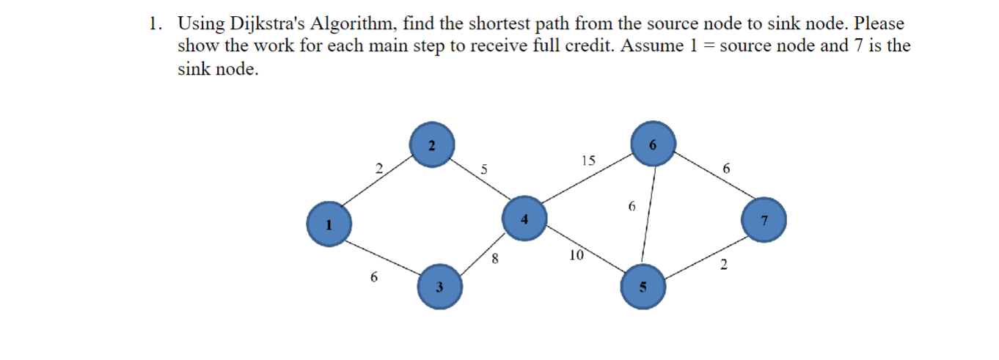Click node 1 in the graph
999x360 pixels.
click(x=329, y=222)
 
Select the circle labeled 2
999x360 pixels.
click(x=432, y=144)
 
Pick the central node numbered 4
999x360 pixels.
click(x=524, y=218)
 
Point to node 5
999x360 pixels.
click(x=643, y=287)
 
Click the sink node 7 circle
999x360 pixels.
click(x=764, y=220)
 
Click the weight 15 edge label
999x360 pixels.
click(x=588, y=161)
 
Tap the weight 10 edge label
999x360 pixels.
click(x=576, y=255)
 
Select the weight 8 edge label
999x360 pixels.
click(x=495, y=257)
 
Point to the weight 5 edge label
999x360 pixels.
click(x=483, y=169)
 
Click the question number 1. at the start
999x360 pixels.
click(x=155, y=23)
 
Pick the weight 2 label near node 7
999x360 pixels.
click(x=723, y=265)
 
